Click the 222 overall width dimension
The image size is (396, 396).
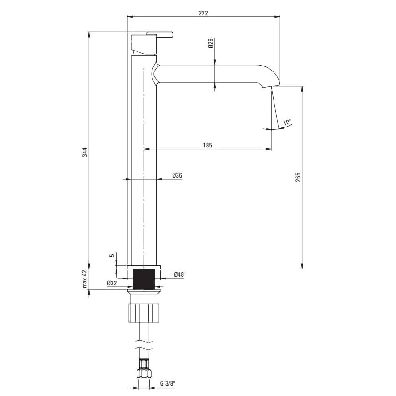pos(203,13)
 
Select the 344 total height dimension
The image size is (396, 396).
pos(85,152)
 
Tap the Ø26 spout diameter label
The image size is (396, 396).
pos(211,43)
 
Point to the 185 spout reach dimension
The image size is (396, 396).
pos(208,145)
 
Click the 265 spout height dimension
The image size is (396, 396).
pos(298,178)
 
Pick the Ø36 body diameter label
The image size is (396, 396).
pos(177,175)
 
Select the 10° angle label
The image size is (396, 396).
pos(287,122)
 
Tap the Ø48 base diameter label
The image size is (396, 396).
pos(179,274)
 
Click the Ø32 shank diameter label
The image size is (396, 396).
pos(112,284)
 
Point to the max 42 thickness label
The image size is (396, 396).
pos(85,279)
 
